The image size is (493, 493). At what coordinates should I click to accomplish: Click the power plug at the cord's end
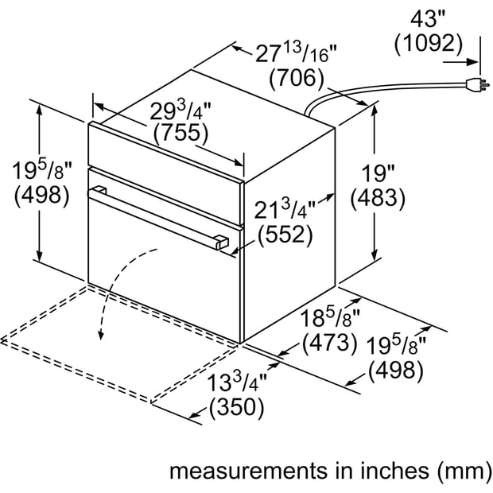click(x=478, y=84)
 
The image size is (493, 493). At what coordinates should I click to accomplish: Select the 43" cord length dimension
click(x=429, y=20)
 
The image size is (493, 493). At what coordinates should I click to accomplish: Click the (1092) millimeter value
click(x=429, y=43)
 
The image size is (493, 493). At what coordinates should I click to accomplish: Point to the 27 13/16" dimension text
click(x=296, y=52)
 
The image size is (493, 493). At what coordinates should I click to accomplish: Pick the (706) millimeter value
click(x=296, y=78)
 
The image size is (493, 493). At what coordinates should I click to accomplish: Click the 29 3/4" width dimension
click(x=181, y=111)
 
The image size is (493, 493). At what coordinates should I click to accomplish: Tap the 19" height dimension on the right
click(x=378, y=173)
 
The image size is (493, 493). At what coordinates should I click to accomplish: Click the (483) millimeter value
click(x=378, y=199)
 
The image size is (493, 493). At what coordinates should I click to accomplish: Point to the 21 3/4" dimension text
click(x=285, y=210)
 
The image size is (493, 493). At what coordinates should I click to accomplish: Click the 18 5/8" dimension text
click(x=330, y=318)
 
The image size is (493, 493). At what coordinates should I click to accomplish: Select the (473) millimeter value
click(x=330, y=343)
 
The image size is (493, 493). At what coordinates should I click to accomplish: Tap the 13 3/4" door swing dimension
click(x=237, y=382)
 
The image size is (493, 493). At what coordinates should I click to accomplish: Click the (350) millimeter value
click(x=236, y=407)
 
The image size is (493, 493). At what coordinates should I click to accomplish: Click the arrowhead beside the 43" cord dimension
click(x=472, y=62)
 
